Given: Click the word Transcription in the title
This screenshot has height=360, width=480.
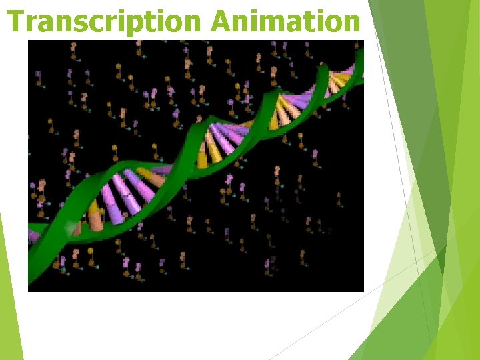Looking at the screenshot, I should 105,21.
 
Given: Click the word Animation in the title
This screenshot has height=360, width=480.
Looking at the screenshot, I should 285,21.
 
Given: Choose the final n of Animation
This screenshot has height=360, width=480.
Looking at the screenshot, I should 351,24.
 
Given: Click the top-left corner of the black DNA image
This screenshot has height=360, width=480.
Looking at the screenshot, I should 28,41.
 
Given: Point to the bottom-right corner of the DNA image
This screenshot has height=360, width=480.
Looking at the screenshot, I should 363,291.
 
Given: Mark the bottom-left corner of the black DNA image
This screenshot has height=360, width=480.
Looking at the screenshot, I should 28,291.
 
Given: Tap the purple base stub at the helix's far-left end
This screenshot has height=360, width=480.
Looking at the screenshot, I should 33,235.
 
